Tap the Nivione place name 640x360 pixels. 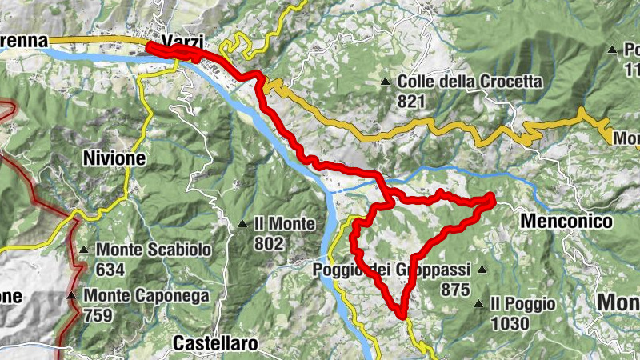click(114, 158)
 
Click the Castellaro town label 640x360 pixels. click(215, 344)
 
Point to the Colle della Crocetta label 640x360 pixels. click(470, 82)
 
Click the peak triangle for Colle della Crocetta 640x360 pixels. click(386, 82)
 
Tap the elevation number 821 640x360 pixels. click(412, 102)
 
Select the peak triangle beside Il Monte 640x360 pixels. click(242, 223)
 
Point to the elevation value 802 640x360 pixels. click(268, 243)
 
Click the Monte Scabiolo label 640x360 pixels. click(154, 250)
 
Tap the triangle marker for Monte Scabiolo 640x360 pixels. click(85, 249)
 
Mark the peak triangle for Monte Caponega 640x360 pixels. click(71, 296)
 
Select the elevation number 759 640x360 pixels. click(97, 315)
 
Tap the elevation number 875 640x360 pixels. click(454, 290)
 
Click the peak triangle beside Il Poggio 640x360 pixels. click(478, 303)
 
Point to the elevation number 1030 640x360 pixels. click(510, 323)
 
